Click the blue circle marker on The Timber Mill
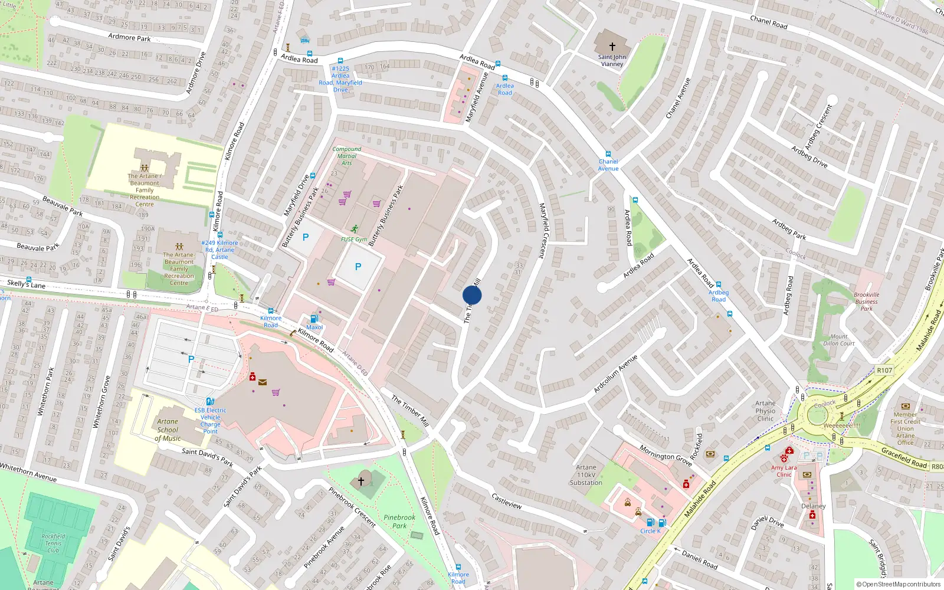(x=472, y=295)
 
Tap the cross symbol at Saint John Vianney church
(x=612, y=46)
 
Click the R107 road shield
(x=884, y=371)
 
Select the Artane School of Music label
(x=168, y=430)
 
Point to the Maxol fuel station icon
(x=314, y=319)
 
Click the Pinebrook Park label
(x=399, y=522)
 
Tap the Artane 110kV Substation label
(x=586, y=475)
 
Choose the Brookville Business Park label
(x=866, y=301)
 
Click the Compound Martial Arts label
(x=347, y=156)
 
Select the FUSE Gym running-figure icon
(x=355, y=229)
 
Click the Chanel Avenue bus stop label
(x=608, y=165)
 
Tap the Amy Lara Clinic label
(x=784, y=471)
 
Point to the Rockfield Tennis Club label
(x=53, y=543)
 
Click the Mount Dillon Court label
(x=839, y=340)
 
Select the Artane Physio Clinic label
(x=765, y=411)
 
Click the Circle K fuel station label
(x=650, y=531)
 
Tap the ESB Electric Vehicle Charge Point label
(x=210, y=421)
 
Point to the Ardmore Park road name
(x=129, y=37)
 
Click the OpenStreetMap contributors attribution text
(x=899, y=584)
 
